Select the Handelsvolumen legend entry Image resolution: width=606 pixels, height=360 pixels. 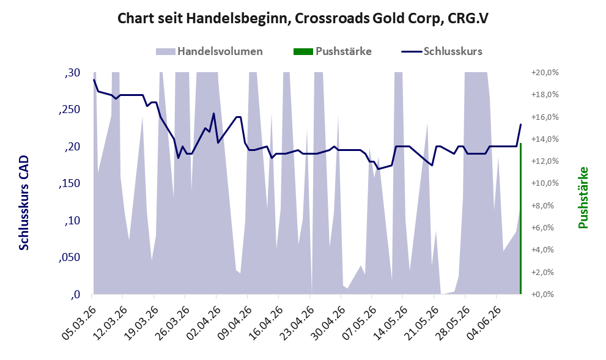pyautogui.click(x=209, y=51)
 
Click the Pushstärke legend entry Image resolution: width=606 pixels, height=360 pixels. pyautogui.click(x=333, y=51)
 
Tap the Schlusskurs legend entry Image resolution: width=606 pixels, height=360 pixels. pyautogui.click(x=442, y=51)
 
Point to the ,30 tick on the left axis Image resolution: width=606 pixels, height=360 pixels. pyautogui.click(x=72, y=73)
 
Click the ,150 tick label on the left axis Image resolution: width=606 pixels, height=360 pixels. pyautogui.click(x=69, y=183)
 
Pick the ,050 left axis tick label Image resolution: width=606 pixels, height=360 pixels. pyautogui.click(x=69, y=258)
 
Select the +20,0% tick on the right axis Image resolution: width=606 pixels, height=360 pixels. pyautogui.click(x=545, y=73)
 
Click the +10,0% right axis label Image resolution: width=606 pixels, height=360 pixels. pyautogui.click(x=545, y=183)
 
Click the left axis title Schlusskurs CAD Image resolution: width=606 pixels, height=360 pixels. pyautogui.click(x=24, y=202)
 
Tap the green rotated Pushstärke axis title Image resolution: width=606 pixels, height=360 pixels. pyautogui.click(x=583, y=197)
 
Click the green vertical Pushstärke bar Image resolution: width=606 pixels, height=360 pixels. pyautogui.click(x=520, y=219)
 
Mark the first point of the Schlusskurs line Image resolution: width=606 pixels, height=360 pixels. pyautogui.click(x=94, y=80)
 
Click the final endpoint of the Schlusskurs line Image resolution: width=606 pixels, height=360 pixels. pyautogui.click(x=520, y=124)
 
